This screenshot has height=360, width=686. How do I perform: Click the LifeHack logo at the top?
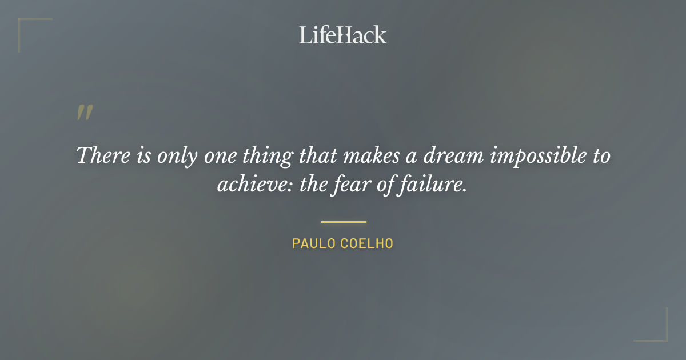click(x=342, y=35)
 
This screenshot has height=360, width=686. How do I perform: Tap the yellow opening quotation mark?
click(x=84, y=113)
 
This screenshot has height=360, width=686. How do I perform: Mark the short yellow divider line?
click(x=343, y=222)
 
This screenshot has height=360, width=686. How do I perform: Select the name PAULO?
click(x=314, y=243)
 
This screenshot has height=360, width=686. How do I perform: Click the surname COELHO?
click(x=367, y=243)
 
